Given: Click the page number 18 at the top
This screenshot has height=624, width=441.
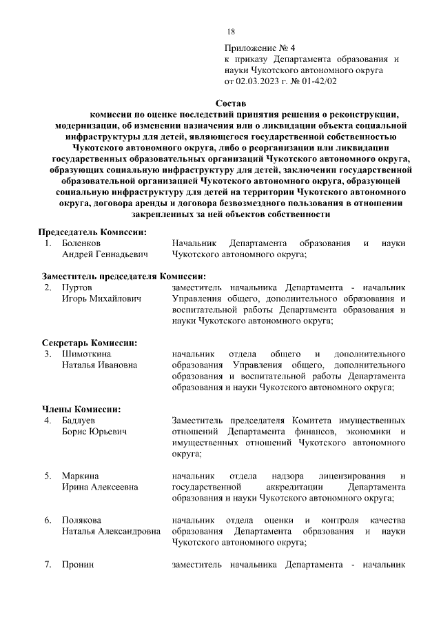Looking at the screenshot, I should click(x=231, y=32).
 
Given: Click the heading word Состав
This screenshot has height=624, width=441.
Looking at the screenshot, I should click(x=221, y=103).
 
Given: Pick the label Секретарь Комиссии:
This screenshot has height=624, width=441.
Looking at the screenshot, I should click(x=89, y=343).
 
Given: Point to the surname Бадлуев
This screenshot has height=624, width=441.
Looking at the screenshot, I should click(x=79, y=421).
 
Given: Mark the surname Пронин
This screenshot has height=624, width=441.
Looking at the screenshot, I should click(x=77, y=565).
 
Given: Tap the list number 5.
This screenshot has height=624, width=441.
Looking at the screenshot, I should click(x=48, y=476).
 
